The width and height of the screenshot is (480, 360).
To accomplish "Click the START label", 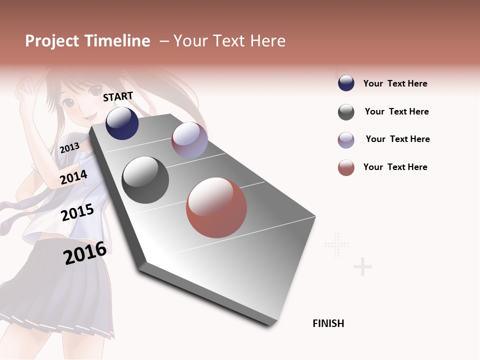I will [x=118, y=96].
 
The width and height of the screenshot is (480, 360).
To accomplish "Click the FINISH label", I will [x=328, y=323].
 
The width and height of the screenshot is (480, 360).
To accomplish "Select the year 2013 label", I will [x=69, y=147].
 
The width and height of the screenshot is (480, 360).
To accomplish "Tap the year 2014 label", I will [x=73, y=177].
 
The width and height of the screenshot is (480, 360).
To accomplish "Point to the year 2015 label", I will [x=77, y=212].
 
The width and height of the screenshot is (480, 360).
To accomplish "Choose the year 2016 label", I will [x=85, y=253].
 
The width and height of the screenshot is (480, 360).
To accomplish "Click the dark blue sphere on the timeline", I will [x=122, y=123].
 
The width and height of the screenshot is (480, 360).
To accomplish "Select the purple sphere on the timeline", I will [x=189, y=140].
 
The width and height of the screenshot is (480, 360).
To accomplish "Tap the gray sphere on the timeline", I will [x=145, y=180].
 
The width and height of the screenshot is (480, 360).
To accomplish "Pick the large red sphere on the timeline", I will [x=216, y=207].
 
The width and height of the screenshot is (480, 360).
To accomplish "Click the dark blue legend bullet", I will [x=346, y=83].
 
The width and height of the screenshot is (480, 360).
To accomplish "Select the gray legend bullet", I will [x=346, y=112].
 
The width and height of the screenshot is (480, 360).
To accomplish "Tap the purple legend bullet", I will [x=346, y=140].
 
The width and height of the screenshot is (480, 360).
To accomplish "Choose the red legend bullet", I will [x=346, y=167].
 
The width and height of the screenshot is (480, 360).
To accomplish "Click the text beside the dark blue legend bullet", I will [x=395, y=83].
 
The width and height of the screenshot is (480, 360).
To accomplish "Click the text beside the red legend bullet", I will [x=395, y=167].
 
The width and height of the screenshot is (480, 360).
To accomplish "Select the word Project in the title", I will [x=51, y=41].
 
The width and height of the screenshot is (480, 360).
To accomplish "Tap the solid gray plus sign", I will [x=362, y=267].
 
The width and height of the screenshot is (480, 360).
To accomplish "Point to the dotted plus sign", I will [x=336, y=244].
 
